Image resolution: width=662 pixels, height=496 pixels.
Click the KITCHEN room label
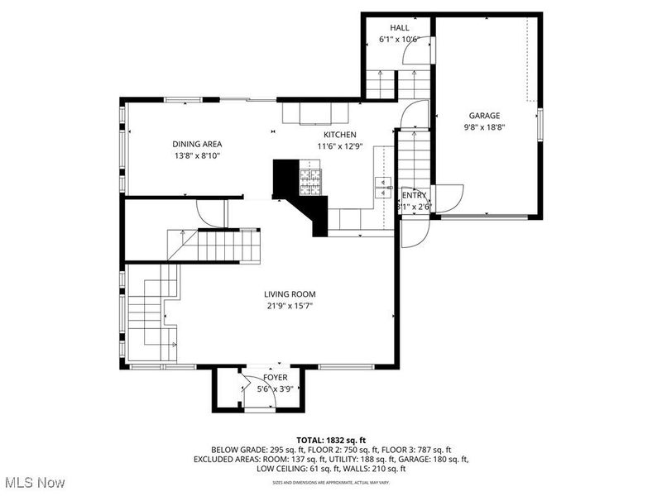339,135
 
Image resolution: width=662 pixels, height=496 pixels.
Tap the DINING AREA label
197,144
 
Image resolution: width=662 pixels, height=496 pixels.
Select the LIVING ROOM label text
290,294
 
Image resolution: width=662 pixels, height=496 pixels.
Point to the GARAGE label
485,116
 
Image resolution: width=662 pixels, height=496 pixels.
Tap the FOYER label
276,378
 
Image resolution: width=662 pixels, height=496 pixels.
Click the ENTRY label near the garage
414,196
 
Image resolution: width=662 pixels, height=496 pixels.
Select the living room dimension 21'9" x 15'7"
290,306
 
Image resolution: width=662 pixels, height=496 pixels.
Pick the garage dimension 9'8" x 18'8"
485,127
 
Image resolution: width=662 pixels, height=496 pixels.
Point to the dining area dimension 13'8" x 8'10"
197,155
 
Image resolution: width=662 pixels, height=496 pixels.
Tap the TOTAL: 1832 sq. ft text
330,440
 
